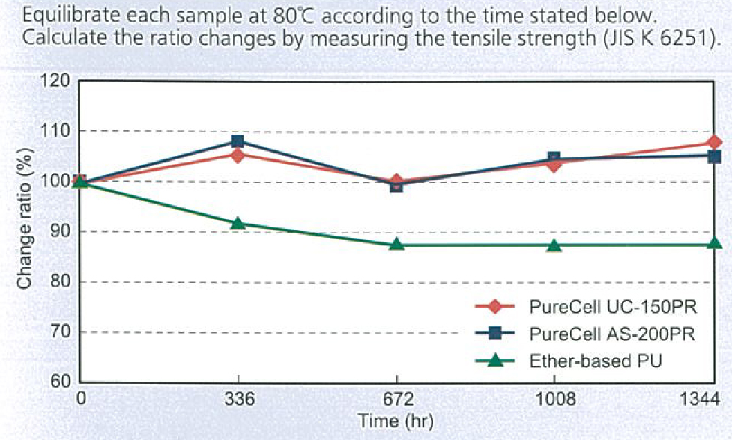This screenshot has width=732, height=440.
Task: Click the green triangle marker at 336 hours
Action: tap(238, 223)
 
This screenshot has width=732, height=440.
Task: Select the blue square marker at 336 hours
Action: tap(238, 141)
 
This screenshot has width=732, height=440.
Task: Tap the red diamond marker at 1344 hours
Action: tap(714, 142)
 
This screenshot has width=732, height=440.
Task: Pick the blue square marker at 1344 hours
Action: tap(714, 157)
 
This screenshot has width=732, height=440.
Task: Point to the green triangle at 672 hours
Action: tap(397, 244)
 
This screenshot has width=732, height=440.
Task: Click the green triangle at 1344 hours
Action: tap(714, 243)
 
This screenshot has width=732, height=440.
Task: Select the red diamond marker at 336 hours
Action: tap(238, 155)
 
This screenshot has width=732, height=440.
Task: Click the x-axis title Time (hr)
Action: tap(396, 421)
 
